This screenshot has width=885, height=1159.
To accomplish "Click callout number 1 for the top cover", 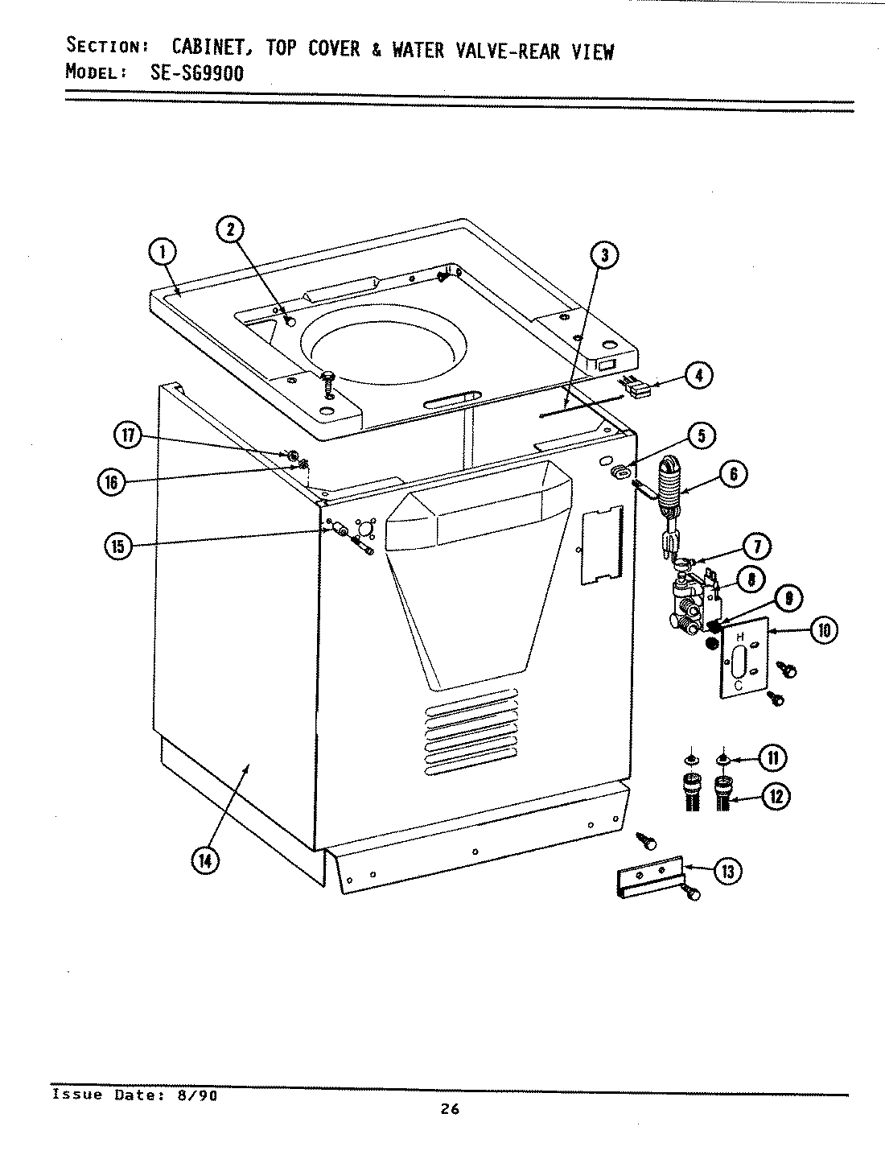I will click(x=163, y=253).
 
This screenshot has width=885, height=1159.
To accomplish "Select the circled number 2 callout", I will click(x=230, y=229).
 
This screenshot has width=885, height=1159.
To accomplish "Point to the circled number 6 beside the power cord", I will click(x=733, y=474).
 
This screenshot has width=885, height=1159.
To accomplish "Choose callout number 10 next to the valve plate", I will click(x=822, y=630).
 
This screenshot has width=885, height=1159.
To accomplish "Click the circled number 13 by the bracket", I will click(x=729, y=871).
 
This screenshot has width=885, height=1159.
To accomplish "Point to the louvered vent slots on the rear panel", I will click(x=471, y=732).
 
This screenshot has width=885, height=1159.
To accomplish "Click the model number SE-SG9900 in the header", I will click(x=196, y=72).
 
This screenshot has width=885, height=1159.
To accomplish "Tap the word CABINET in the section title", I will click(x=213, y=50).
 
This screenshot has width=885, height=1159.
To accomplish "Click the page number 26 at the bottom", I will click(x=450, y=1109).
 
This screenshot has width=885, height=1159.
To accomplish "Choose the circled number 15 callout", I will click(x=118, y=547).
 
